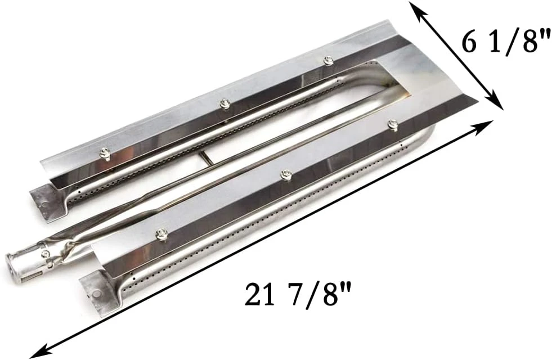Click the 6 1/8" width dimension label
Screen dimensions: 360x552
506,43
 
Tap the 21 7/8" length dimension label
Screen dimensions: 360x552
293,294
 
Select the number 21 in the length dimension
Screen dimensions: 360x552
258,294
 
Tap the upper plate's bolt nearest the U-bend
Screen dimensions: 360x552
327,60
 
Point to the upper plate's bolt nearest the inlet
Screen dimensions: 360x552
104,152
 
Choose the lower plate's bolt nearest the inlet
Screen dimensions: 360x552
163,234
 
